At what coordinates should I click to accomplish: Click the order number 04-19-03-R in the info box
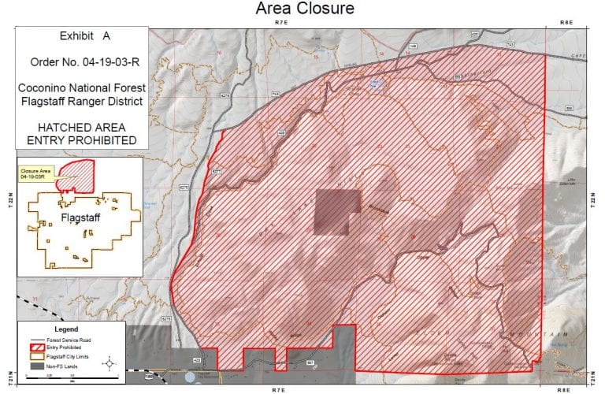(82, 61)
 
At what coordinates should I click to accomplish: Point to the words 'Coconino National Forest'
(82, 87)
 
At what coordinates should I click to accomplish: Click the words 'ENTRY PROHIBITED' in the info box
(82, 140)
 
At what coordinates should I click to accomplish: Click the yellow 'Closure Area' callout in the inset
(35, 173)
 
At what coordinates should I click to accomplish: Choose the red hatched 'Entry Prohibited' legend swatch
(35, 347)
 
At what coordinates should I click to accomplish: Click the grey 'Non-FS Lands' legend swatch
(35, 366)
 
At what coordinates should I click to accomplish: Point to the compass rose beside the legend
(111, 363)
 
